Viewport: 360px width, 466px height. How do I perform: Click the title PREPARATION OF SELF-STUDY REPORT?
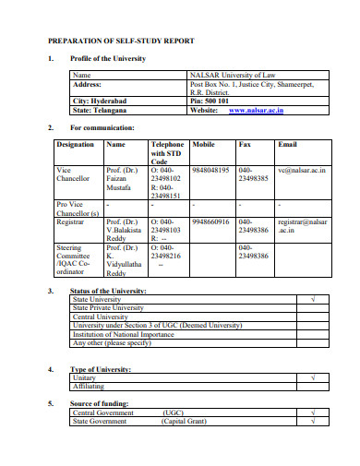click(126, 42)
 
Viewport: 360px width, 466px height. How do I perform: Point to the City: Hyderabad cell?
click(99, 100)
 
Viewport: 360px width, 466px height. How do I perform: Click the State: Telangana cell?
click(100, 109)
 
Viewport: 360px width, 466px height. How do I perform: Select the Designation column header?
click(75, 145)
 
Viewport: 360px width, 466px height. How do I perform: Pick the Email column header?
click(287, 145)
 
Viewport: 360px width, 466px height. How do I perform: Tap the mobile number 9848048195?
click(212, 171)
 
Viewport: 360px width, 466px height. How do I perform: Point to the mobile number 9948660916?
click(212, 221)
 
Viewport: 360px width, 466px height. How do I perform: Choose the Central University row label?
click(101, 316)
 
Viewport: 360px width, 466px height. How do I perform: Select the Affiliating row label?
click(89, 386)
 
